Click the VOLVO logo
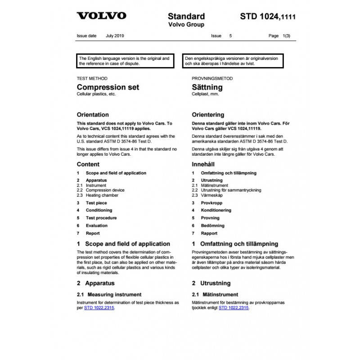point(101,16)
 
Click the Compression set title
point(108,87)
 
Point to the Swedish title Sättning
point(207,87)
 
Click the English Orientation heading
point(93,114)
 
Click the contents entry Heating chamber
point(102,195)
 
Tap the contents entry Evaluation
point(97,225)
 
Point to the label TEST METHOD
point(92,78)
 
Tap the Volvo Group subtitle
point(186,25)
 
